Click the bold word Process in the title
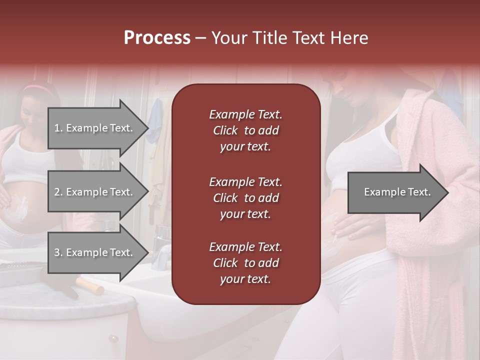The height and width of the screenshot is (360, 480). pyautogui.click(x=157, y=38)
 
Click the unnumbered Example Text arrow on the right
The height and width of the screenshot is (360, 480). pyautogui.click(x=397, y=192)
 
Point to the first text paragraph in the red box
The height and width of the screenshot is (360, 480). pyautogui.click(x=245, y=130)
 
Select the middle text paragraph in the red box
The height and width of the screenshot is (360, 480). pyautogui.click(x=245, y=197)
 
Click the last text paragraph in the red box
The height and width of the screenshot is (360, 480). pyautogui.click(x=245, y=263)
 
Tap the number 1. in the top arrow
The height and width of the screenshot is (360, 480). pyautogui.click(x=58, y=128)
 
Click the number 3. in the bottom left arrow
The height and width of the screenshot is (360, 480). pyautogui.click(x=58, y=252)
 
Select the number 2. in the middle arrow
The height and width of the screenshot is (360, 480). pyautogui.click(x=58, y=192)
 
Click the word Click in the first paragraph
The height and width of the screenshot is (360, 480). pyautogui.click(x=225, y=130)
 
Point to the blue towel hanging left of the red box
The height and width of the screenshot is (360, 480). pyautogui.click(x=156, y=120)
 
